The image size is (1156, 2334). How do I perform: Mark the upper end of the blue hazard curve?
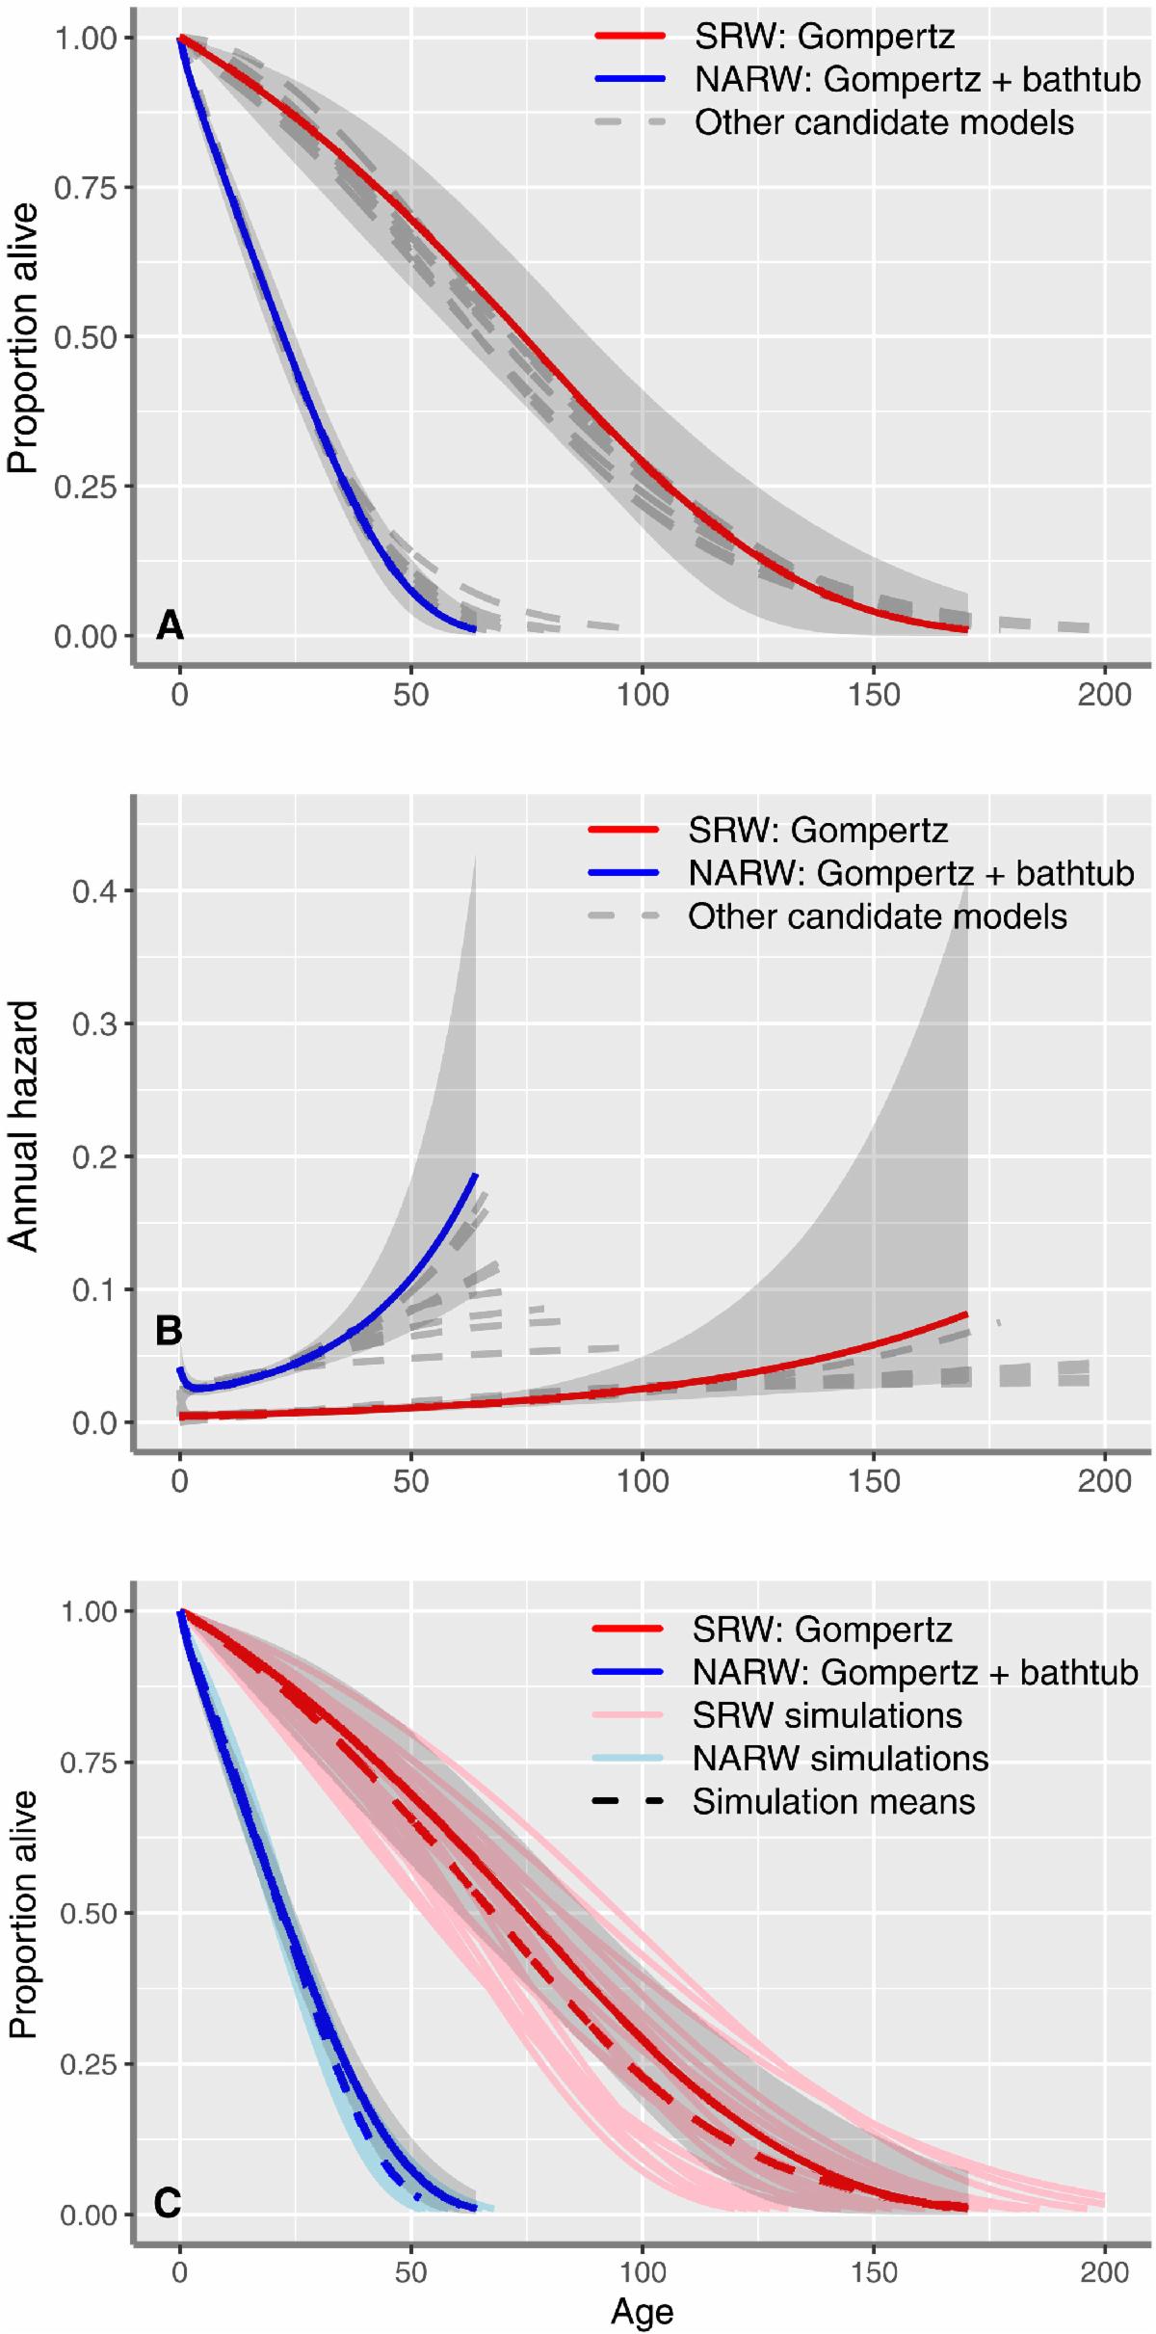pos(475,1175)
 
